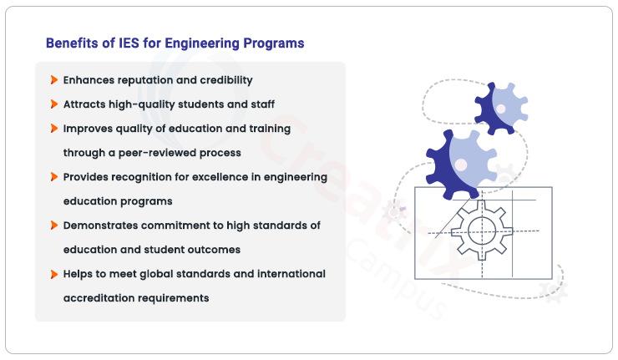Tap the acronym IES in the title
click(x=129, y=43)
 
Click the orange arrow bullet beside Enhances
click(x=54, y=80)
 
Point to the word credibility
click(x=226, y=80)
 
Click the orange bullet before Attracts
click(x=54, y=104)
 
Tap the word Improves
click(x=88, y=129)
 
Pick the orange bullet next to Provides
click(x=54, y=176)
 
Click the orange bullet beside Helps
click(x=54, y=274)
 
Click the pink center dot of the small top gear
click(x=501, y=109)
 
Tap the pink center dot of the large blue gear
click(x=461, y=165)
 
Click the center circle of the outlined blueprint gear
click(x=482, y=231)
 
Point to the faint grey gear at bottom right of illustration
click(x=554, y=291)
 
